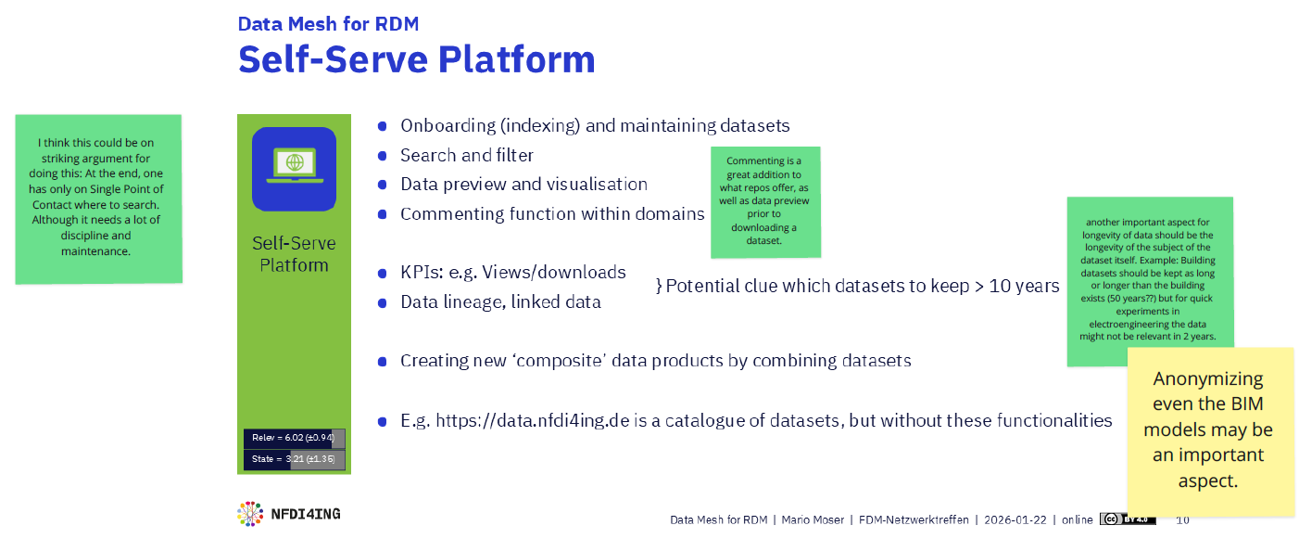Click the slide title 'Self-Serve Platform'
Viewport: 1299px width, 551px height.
click(x=416, y=59)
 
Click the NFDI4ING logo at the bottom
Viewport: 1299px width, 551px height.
click(x=288, y=513)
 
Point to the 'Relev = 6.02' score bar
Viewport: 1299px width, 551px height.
click(x=294, y=439)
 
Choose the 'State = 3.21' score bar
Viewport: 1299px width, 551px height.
click(x=294, y=460)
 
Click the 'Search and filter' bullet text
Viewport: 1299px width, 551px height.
click(x=466, y=155)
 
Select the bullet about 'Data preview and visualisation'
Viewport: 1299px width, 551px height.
click(x=523, y=185)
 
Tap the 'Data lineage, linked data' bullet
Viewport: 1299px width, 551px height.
click(x=500, y=301)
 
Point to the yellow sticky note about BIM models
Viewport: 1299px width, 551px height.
click(x=1208, y=430)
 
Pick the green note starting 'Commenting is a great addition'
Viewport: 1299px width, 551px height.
click(x=765, y=201)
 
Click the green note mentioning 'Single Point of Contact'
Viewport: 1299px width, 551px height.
click(x=97, y=198)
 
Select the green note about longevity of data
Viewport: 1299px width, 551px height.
click(x=1149, y=280)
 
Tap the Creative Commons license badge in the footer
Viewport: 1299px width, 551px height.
click(x=1128, y=519)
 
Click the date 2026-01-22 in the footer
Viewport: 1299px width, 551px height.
click(x=1015, y=519)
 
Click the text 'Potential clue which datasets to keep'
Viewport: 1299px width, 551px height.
click(x=862, y=286)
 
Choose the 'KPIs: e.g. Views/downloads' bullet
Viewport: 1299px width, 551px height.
click(x=512, y=273)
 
